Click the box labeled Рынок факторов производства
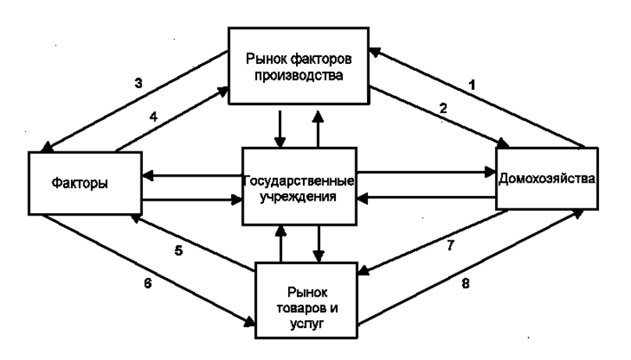pos(298,66)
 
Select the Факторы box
pos(85,183)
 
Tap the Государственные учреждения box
pos(299,186)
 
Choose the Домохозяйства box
pos(547,179)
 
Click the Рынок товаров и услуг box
pos(306,300)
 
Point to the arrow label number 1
pos(472,85)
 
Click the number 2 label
pos(443,109)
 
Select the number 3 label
pos(138,84)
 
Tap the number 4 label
pos(153,116)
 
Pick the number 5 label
pos(179,251)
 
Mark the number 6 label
pos(148,283)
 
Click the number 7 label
pos(451,245)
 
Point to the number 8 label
pos(465,283)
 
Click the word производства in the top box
pos(298,75)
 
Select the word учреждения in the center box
pos(298,197)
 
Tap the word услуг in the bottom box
pos(306,324)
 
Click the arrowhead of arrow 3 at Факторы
pos(46,148)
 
